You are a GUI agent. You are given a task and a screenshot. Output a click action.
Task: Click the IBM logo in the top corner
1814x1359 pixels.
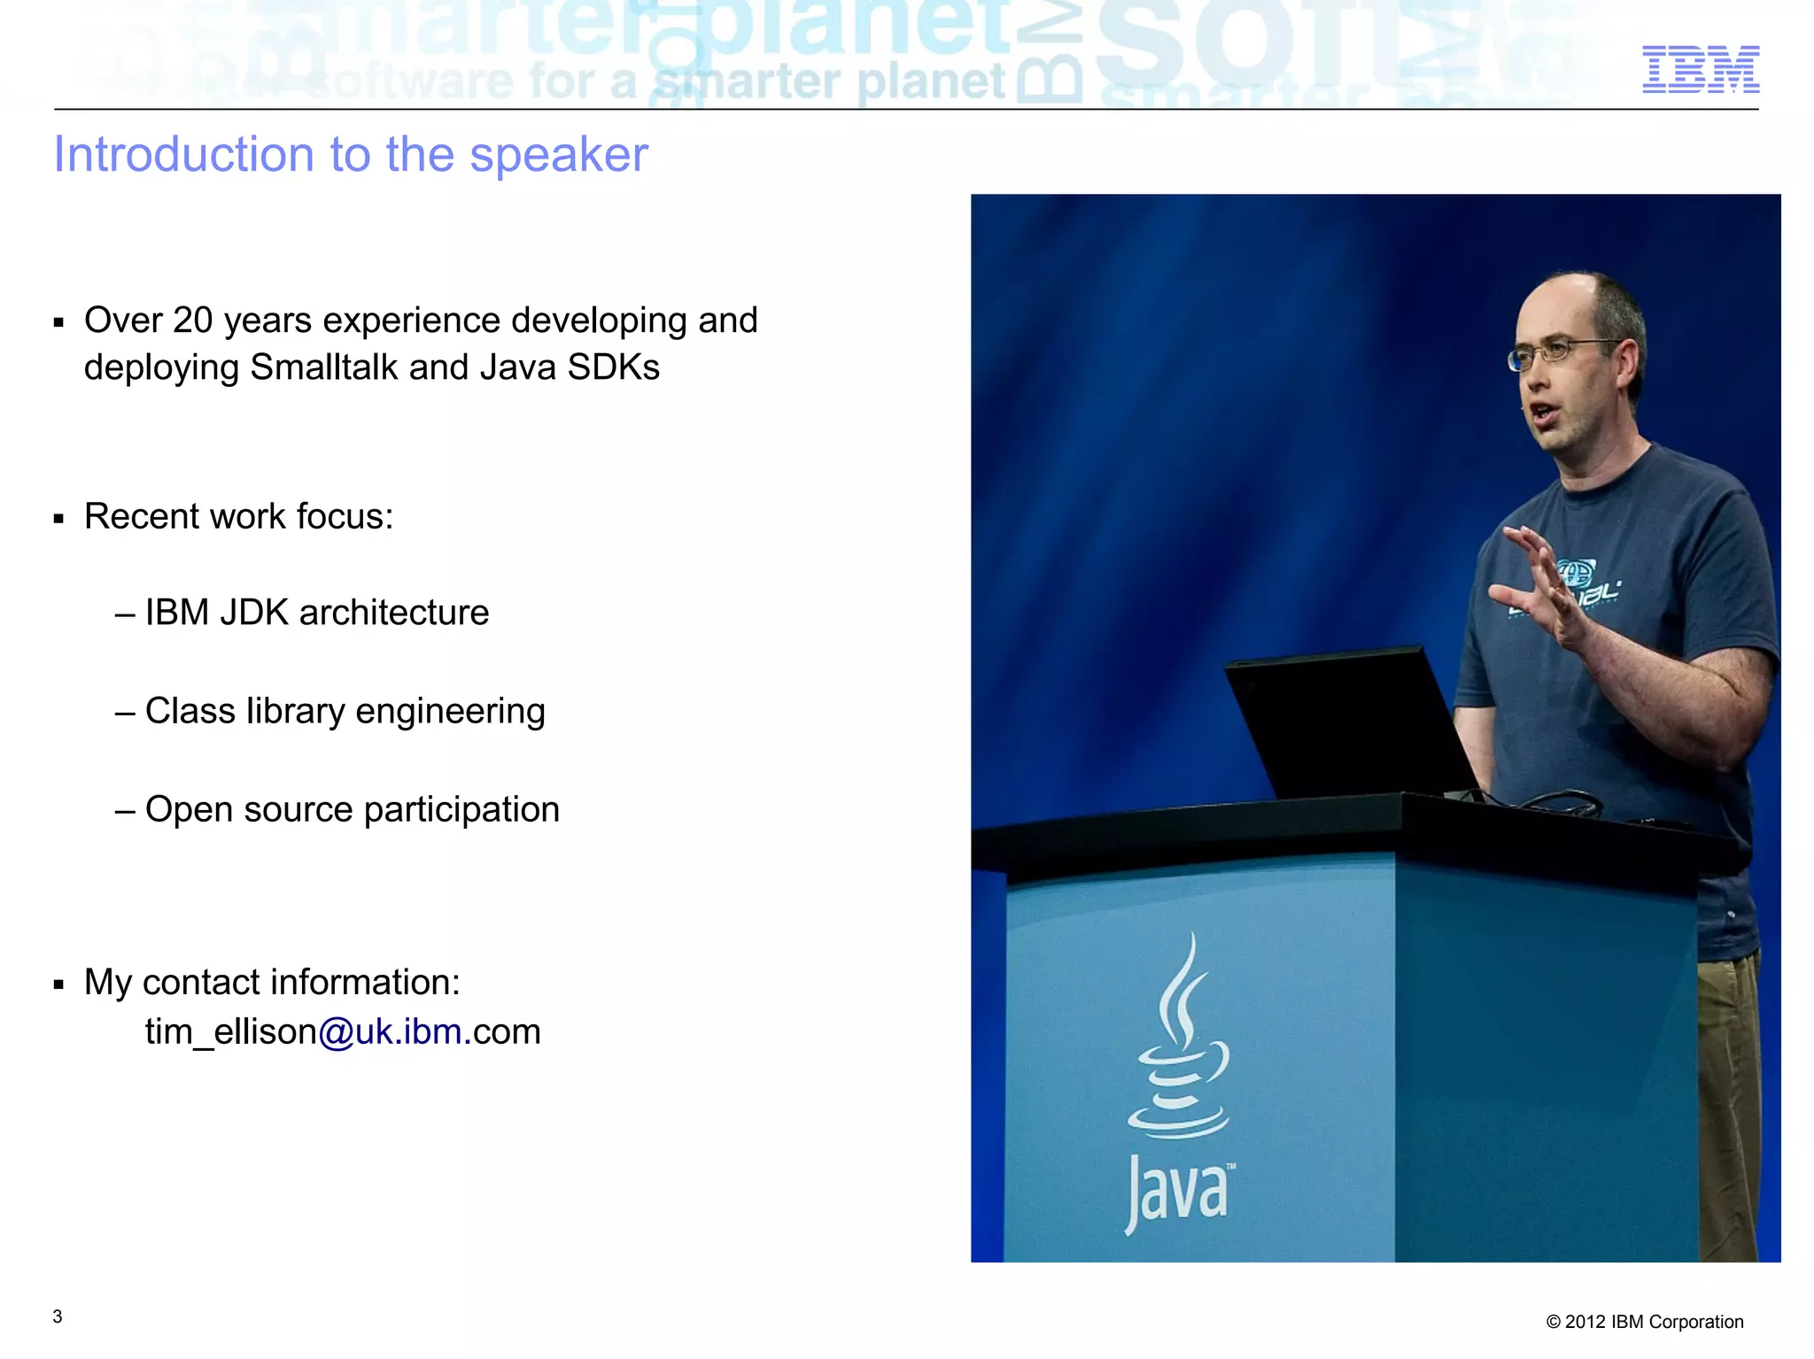pyautogui.click(x=1700, y=70)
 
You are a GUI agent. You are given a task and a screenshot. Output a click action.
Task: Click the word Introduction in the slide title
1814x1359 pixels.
pyautogui.click(x=183, y=155)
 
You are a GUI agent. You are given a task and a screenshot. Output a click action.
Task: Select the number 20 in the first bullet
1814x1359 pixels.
pyautogui.click(x=192, y=320)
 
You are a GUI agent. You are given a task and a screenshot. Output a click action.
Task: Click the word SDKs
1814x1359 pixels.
pyautogui.click(x=613, y=367)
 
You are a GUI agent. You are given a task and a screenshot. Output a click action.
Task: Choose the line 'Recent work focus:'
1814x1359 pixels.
pyautogui.click(x=238, y=516)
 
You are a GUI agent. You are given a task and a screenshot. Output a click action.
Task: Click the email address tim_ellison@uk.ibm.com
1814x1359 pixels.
pyautogui.click(x=343, y=1032)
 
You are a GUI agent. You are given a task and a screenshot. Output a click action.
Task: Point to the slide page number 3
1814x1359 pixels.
pyautogui.click(x=58, y=1317)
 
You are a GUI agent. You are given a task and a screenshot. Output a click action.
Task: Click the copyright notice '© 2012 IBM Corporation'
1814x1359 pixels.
pyautogui.click(x=1644, y=1322)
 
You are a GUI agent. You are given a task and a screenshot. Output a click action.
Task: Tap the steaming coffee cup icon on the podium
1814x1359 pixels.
pyautogui.click(x=1178, y=1045)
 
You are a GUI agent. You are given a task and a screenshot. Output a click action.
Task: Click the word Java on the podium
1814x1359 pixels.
pyautogui.click(x=1178, y=1191)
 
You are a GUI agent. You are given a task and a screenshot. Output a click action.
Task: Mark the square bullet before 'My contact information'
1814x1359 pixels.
pyautogui.click(x=58, y=984)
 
